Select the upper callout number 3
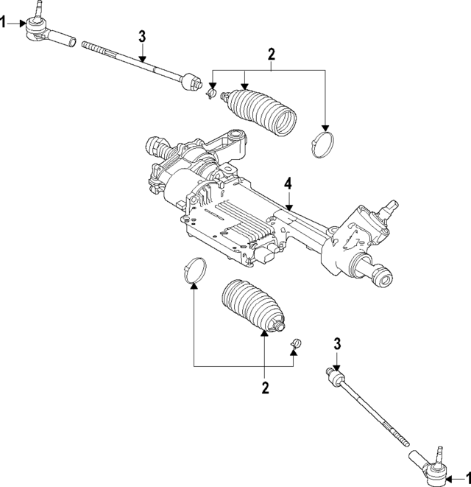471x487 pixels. click(x=142, y=36)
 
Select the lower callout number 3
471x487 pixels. click(x=336, y=344)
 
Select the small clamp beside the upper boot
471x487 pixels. click(x=213, y=94)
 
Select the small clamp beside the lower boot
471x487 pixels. click(x=295, y=343)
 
